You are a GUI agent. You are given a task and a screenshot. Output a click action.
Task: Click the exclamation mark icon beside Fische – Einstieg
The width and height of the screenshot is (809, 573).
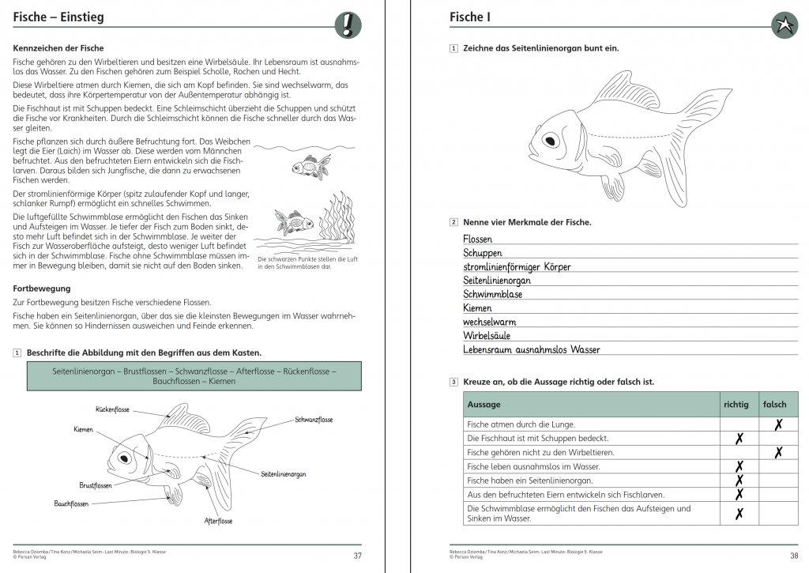click(x=348, y=25)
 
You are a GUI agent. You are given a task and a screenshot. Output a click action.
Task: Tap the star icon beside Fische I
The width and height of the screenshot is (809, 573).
click(x=785, y=25)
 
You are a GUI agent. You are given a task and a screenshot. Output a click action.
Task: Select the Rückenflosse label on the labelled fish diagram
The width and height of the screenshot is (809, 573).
click(x=112, y=409)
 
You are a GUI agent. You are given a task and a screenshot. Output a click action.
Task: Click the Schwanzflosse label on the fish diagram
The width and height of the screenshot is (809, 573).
click(x=314, y=420)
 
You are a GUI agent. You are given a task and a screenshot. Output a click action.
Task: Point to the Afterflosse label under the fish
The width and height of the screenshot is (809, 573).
click(x=218, y=521)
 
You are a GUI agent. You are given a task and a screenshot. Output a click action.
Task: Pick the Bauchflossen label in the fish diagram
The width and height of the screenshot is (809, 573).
click(x=71, y=503)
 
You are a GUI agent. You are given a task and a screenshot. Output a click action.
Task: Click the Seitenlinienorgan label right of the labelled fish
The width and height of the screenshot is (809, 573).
click(x=284, y=474)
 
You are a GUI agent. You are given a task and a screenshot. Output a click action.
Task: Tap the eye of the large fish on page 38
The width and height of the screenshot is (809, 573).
click(x=551, y=141)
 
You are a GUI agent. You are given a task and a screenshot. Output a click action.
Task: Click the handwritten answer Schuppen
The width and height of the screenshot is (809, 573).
click(x=483, y=253)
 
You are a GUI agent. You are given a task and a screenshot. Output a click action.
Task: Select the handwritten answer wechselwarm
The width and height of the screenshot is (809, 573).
click(x=489, y=322)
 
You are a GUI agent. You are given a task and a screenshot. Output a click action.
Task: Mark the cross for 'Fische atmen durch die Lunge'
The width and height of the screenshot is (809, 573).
click(x=778, y=424)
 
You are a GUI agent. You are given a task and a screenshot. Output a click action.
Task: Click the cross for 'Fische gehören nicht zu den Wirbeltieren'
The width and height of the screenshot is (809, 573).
click(x=778, y=452)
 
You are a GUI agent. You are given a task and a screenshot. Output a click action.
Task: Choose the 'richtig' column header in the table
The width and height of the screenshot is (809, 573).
click(x=736, y=404)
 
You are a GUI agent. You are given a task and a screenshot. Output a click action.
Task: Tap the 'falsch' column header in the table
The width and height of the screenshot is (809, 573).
click(x=774, y=404)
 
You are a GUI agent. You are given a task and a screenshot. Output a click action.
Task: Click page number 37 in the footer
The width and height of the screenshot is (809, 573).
click(x=358, y=556)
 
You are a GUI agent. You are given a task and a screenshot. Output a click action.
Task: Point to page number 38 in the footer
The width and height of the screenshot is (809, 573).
click(x=794, y=556)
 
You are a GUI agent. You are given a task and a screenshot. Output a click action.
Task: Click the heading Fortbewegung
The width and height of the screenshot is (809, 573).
click(x=42, y=288)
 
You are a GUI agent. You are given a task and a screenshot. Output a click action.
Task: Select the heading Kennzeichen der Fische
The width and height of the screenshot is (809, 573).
click(x=58, y=48)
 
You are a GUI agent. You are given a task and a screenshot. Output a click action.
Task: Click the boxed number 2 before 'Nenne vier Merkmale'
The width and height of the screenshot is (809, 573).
click(x=453, y=222)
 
